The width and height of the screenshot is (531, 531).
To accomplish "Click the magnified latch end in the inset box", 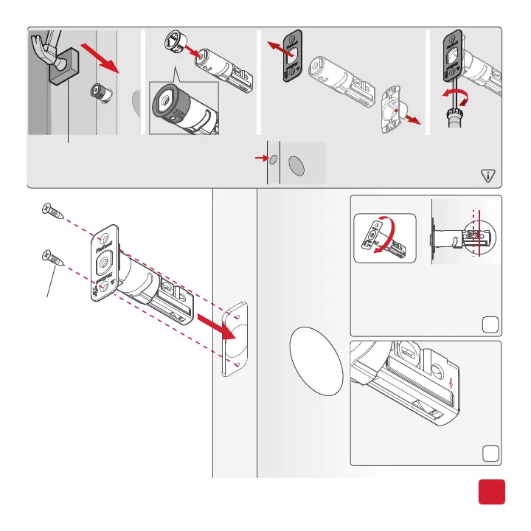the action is click(177, 106).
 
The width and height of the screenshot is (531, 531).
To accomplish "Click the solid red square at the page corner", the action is click(490, 490).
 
